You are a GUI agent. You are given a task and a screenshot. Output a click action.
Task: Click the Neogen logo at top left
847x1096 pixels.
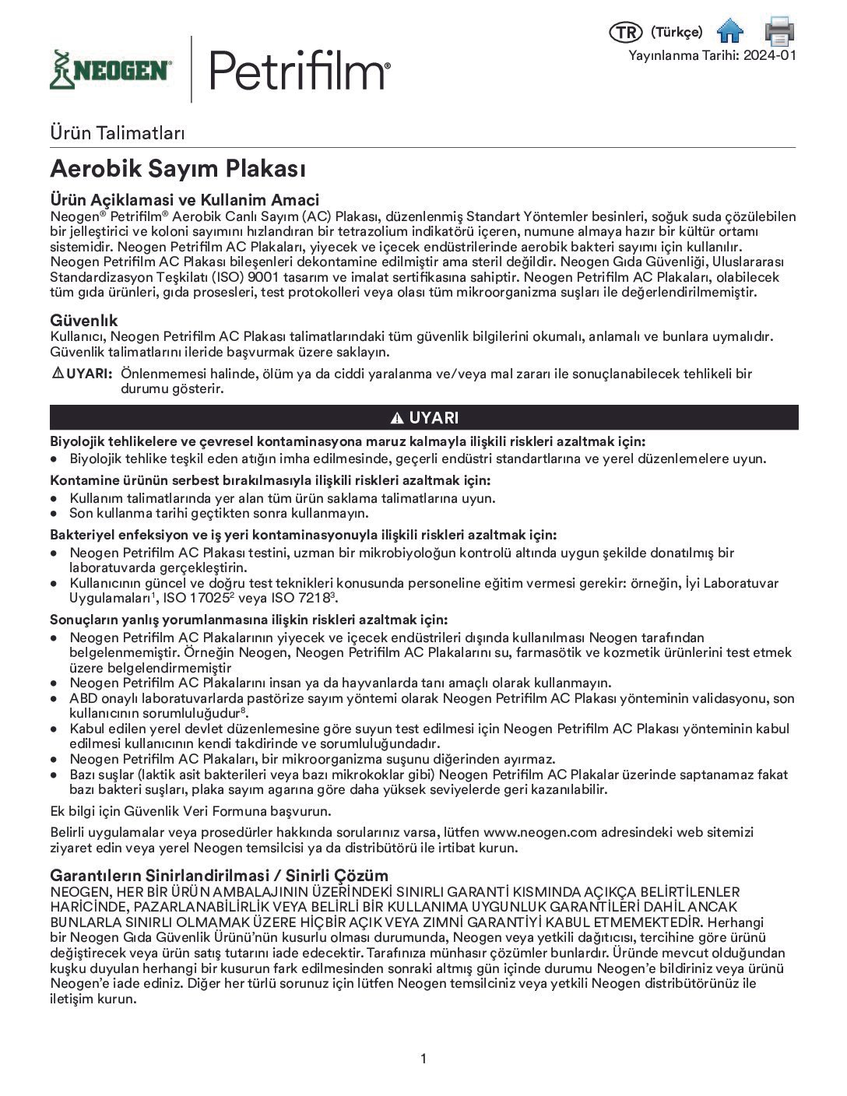point(110,70)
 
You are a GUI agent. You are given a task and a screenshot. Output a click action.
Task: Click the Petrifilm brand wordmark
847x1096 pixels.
point(299,70)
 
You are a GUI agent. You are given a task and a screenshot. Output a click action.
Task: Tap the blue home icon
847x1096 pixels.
point(730,30)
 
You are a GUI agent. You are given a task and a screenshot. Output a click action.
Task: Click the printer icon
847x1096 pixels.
point(778,30)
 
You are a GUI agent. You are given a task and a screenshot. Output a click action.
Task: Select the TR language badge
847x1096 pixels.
point(624,32)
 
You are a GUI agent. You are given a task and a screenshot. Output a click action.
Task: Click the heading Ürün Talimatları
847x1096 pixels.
point(117,132)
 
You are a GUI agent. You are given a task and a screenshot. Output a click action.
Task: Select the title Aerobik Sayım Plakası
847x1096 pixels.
point(177,168)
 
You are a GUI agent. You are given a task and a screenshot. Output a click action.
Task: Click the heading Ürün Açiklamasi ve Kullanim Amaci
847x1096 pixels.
point(185,200)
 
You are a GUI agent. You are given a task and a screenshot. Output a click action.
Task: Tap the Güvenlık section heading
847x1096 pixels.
point(84,320)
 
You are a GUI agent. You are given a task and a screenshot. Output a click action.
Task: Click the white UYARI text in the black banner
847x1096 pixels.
point(434,418)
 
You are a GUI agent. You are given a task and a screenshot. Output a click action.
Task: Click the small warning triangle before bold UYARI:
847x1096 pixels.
point(58,374)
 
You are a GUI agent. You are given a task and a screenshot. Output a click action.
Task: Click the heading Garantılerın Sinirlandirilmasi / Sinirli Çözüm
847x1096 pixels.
point(219,875)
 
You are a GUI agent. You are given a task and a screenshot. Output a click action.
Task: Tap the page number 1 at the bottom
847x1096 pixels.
point(423,1059)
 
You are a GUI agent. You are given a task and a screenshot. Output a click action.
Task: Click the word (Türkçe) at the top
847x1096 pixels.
point(676,32)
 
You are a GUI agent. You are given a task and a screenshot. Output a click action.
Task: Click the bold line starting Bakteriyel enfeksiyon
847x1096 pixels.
point(303,535)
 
